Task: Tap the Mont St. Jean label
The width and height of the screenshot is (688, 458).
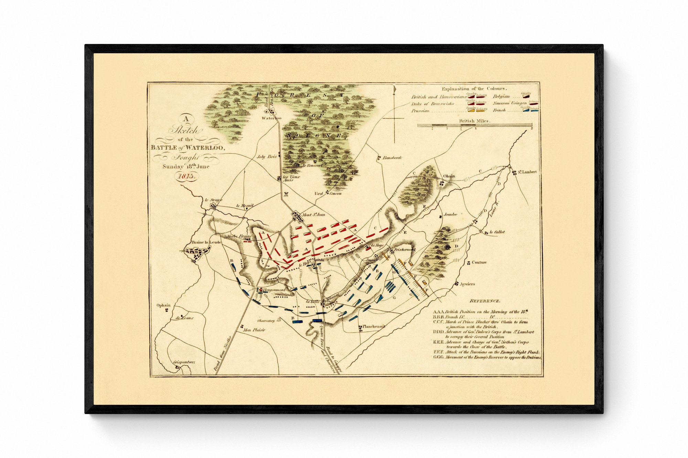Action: click(x=313, y=215)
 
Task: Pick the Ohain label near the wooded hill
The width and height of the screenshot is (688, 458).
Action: click(x=449, y=176)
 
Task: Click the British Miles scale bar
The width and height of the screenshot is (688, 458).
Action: click(x=475, y=126)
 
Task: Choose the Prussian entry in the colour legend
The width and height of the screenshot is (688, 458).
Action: click(x=420, y=111)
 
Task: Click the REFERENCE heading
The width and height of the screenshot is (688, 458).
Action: click(x=485, y=301)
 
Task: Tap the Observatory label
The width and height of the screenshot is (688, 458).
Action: click(x=266, y=321)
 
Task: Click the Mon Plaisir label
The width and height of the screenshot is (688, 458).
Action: click(x=254, y=330)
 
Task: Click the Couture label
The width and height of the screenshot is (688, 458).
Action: click(x=479, y=262)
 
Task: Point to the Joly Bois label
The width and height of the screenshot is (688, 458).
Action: click(x=267, y=156)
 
